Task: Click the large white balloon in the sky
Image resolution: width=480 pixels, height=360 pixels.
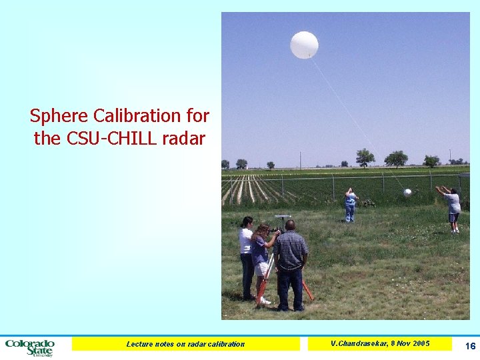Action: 304,45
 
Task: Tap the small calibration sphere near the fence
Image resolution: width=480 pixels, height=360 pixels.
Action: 407,193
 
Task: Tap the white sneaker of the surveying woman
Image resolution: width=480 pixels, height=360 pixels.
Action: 265,301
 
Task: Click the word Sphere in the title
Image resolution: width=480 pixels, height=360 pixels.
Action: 59,116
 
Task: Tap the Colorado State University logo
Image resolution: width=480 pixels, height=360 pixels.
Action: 30,347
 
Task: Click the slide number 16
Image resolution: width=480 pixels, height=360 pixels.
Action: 470,345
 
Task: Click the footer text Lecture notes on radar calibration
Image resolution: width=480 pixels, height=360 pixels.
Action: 185,344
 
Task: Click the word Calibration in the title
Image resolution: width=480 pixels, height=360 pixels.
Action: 137,116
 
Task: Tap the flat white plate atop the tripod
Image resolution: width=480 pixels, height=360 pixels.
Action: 283,217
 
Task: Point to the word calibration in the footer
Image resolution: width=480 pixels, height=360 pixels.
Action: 223,344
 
